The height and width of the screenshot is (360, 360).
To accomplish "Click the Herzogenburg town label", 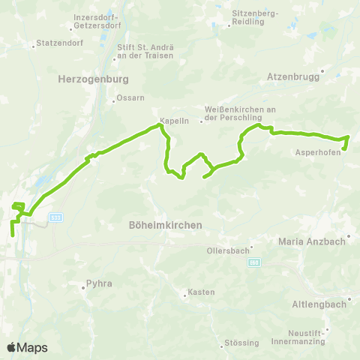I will click(x=94, y=78).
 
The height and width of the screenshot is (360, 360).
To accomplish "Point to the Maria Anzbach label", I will click(x=311, y=241).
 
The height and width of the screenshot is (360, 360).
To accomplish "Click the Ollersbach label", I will click(x=227, y=250).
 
